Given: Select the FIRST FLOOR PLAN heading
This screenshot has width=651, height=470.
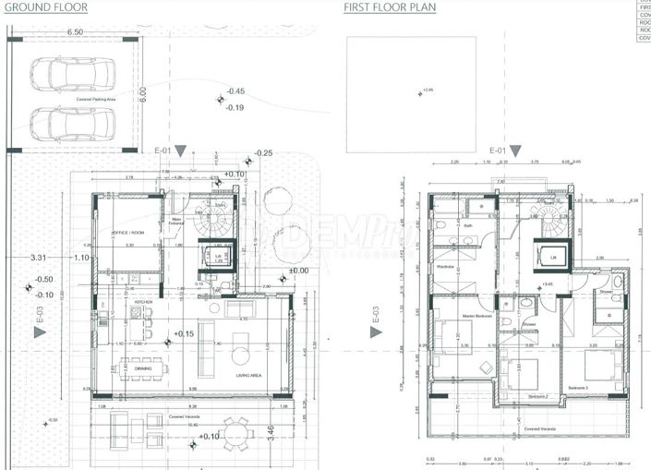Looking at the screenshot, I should coord(390,7).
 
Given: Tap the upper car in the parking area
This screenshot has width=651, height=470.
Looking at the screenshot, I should coord(72,73).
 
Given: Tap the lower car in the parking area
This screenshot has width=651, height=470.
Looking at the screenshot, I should coord(72,121).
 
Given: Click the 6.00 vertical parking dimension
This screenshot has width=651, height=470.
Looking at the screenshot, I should coord(144,94).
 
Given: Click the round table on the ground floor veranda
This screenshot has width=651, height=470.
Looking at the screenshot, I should coord(237,429).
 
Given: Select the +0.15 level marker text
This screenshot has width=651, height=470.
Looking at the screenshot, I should coord(182,333).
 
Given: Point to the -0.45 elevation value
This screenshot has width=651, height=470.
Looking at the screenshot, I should coord(236,91).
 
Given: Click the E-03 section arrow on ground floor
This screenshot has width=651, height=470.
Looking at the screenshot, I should coord(40,333).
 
